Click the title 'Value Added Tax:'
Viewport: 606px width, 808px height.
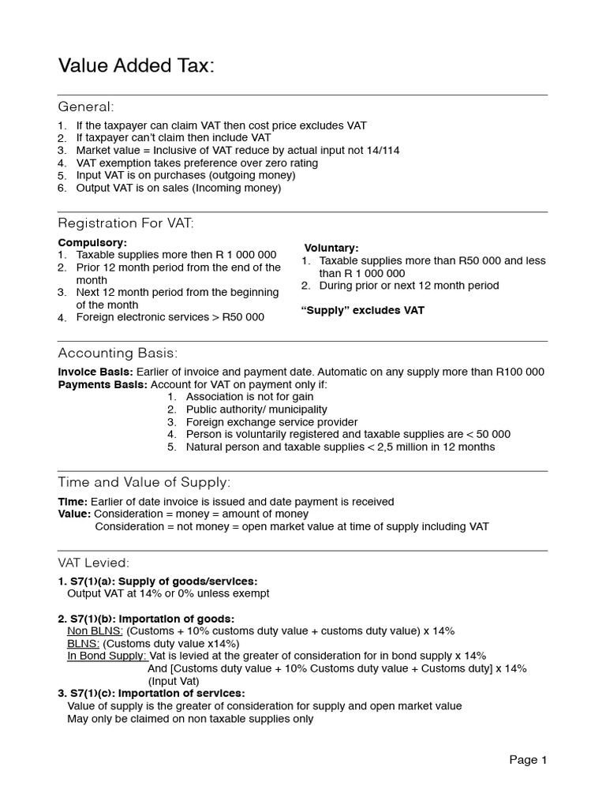[136, 67]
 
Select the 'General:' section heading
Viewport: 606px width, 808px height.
[86, 107]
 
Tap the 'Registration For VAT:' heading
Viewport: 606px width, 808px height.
[125, 223]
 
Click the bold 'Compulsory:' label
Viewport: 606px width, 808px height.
[92, 242]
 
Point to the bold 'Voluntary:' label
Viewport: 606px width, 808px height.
[331, 248]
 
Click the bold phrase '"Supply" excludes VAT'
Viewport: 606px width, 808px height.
[363, 310]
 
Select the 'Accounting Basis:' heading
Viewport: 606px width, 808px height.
[118, 353]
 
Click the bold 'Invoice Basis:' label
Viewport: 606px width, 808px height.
[95, 372]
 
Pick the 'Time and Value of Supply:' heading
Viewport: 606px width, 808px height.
[144, 482]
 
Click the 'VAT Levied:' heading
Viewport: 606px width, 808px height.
[94, 563]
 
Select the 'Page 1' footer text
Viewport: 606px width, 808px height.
[528, 760]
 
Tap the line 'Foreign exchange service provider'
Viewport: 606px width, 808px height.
[271, 422]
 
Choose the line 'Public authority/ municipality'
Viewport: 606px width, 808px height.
[256, 410]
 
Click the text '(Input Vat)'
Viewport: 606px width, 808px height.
[174, 681]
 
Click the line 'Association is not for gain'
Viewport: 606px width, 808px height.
[249, 397]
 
